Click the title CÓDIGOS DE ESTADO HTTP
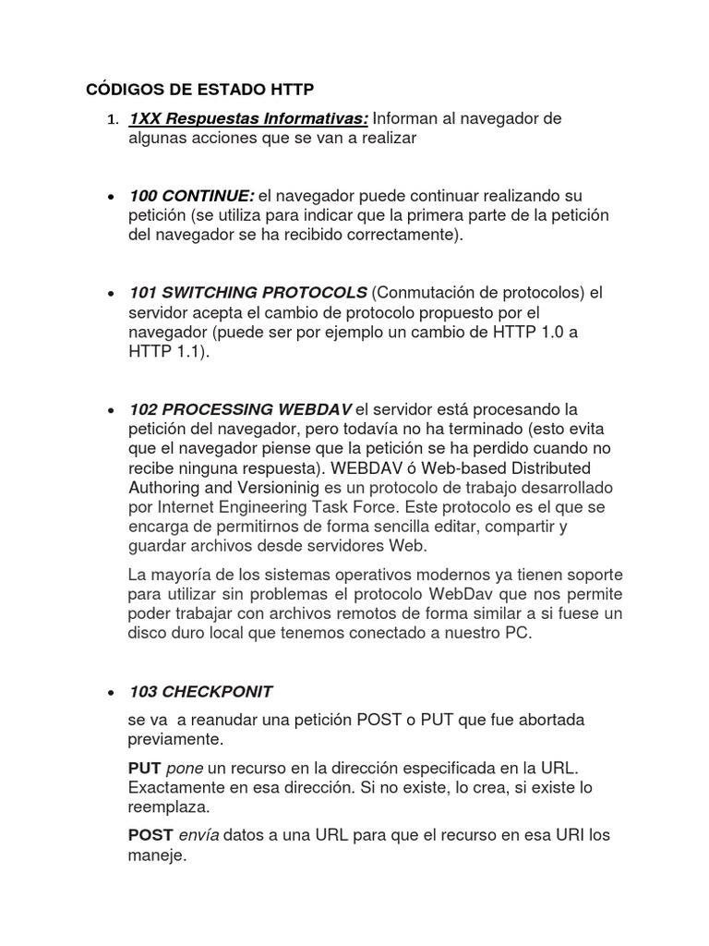(200, 89)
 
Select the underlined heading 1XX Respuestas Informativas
(248, 118)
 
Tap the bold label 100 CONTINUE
(192, 196)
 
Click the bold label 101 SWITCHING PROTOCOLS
(248, 293)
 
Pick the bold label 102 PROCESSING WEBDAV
(241, 409)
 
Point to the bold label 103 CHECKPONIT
(201, 691)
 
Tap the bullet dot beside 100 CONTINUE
(111, 197)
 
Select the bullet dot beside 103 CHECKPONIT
(111, 692)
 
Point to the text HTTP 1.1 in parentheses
(163, 351)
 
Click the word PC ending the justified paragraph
(521, 634)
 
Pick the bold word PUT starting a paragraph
(145, 769)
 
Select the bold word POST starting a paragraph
(150, 835)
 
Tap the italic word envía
(198, 835)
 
